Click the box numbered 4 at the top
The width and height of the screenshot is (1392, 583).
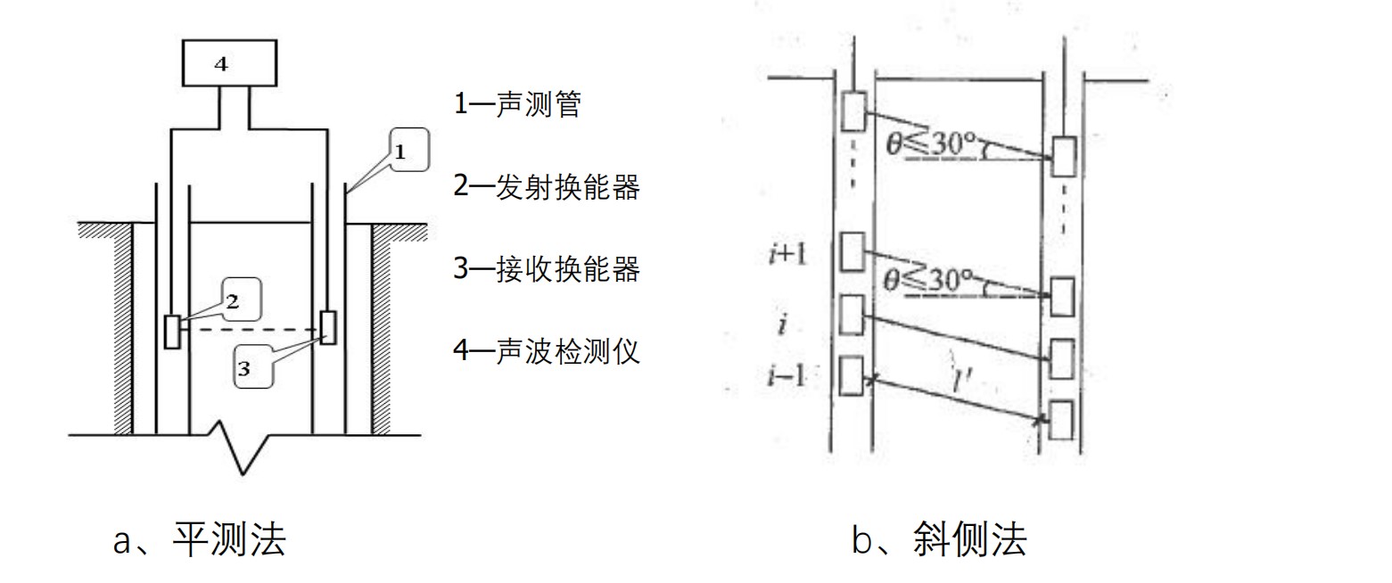229,63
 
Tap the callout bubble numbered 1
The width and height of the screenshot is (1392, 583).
408,151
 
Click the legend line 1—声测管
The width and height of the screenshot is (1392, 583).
517,105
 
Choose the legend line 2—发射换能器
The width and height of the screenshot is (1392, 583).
546,187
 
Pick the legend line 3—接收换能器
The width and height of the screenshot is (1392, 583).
546,268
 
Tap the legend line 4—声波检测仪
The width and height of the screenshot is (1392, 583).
546,350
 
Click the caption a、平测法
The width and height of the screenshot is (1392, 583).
200,539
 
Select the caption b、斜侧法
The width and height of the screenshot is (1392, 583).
939,539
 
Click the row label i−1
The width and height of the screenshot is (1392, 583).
786,375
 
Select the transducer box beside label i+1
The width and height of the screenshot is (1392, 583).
853,251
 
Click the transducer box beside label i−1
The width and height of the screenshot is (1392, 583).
853,374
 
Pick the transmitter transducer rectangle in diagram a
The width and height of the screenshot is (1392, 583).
172,332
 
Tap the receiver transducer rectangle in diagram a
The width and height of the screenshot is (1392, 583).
328,327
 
